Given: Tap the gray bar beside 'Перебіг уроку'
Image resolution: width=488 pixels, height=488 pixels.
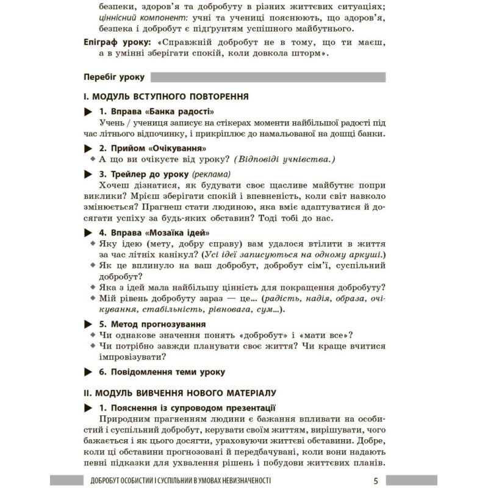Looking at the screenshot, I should pos(268,77).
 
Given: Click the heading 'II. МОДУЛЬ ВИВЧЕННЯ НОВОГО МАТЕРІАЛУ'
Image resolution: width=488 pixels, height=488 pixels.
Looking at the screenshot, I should pos(181,392).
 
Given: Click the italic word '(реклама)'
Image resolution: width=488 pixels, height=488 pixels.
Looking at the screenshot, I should pos(212,173).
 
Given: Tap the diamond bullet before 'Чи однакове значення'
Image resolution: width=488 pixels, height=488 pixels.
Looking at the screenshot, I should pos(92,335).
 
